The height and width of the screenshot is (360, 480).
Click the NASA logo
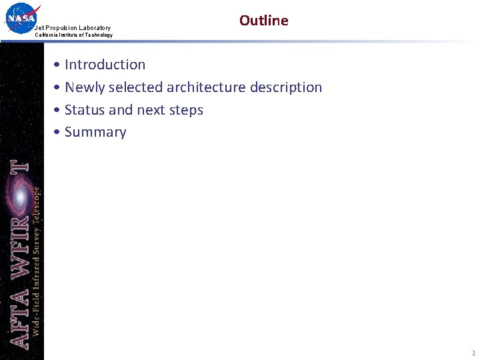[x=21, y=18]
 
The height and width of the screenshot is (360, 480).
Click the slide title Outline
[x=263, y=21]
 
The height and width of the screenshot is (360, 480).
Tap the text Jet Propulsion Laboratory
[x=73, y=28]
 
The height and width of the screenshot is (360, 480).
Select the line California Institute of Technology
[x=73, y=35]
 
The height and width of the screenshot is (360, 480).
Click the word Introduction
[x=105, y=65]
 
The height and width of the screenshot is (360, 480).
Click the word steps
[x=186, y=111]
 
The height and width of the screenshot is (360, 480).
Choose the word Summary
[x=95, y=132]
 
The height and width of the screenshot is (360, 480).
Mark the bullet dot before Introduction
[x=59, y=65]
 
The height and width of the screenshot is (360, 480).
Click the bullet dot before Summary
[x=59, y=133]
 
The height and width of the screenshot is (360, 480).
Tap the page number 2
[x=473, y=353]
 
